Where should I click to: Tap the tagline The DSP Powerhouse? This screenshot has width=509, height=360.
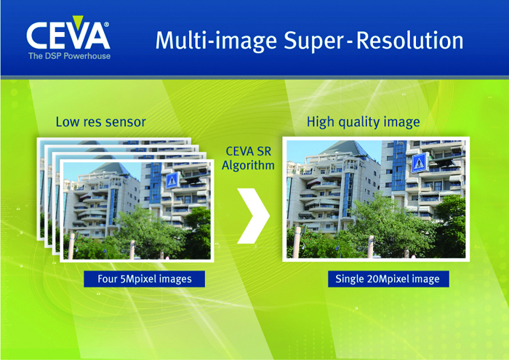point(70,56)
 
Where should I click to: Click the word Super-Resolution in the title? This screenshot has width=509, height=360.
point(374,41)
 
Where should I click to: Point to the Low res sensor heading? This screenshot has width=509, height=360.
point(100,122)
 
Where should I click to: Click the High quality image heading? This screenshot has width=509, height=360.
point(364,122)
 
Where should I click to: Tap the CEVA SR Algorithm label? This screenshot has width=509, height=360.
point(249,159)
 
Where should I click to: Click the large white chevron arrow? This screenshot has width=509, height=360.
point(253,216)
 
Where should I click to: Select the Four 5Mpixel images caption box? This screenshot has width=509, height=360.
point(145,279)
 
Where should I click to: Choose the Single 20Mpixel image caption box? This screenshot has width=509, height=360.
point(388,279)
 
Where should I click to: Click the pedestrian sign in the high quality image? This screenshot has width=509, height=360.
point(420,163)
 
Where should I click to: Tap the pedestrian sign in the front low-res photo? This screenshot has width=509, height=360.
point(172,180)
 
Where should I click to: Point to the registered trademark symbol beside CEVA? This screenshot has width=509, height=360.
point(106,25)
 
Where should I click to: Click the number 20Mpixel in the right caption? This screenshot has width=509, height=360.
point(391,279)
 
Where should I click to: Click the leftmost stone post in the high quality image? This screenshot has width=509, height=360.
point(297,242)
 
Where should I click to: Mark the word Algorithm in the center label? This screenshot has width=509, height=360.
point(249,166)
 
